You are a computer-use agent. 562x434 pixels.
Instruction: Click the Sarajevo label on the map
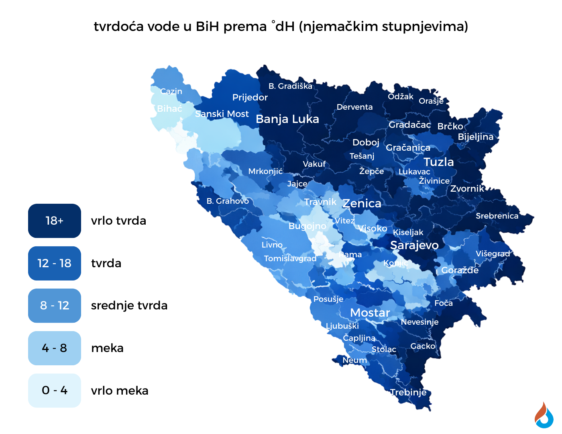[x=414, y=245]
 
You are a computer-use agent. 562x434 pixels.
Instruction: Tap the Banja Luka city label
[x=287, y=119]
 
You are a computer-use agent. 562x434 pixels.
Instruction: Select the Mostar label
[x=370, y=313]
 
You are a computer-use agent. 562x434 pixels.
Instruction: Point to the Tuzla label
[x=438, y=162]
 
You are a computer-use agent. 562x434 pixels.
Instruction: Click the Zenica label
[x=362, y=203]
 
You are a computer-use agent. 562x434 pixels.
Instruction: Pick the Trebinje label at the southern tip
[x=408, y=392]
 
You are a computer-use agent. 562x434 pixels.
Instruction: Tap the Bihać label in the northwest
[x=169, y=108]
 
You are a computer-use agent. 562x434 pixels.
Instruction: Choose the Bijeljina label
[x=475, y=137]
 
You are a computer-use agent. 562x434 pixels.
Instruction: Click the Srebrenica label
[x=497, y=216]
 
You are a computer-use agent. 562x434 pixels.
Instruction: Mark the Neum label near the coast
[x=354, y=360]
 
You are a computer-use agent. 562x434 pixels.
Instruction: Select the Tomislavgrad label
[x=290, y=258]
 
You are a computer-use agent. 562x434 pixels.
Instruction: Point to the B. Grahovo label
[x=228, y=201]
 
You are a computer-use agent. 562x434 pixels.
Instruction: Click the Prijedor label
[x=250, y=97]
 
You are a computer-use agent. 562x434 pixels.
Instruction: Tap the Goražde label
[x=460, y=270]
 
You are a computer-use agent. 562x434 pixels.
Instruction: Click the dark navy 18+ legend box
[x=55, y=221]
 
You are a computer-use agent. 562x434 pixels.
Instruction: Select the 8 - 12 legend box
[x=55, y=305]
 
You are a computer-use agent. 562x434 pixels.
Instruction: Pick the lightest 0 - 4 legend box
[x=55, y=390]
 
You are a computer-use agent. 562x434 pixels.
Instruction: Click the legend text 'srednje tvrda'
[x=129, y=305]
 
